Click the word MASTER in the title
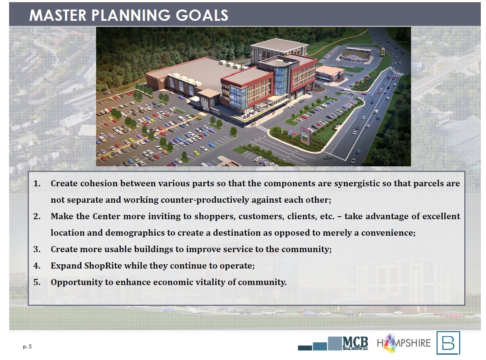[58, 15]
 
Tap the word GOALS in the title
[202, 15]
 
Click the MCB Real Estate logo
[333, 344]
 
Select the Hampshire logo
[404, 343]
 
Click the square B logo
[448, 343]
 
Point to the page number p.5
[27, 347]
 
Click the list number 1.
[37, 184]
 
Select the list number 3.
[37, 249]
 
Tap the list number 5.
[37, 282]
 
